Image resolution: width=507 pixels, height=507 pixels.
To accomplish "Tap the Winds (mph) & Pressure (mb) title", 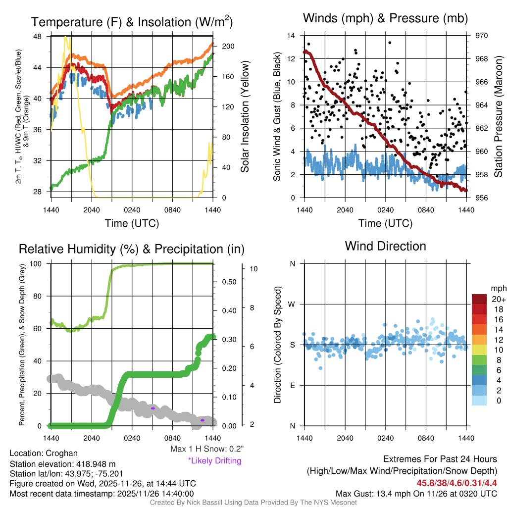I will [x=385, y=18].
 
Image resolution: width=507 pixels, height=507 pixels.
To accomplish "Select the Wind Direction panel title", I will [x=385, y=246].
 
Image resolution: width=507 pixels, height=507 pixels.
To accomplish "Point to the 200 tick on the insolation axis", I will [x=228, y=46].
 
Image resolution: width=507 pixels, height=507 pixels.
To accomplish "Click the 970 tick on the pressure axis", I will [x=482, y=36].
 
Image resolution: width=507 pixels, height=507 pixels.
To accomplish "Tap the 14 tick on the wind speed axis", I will [x=291, y=36].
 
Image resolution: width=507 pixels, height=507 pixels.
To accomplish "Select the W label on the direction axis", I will [x=292, y=304].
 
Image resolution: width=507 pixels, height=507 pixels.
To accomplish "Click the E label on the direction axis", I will [x=292, y=385].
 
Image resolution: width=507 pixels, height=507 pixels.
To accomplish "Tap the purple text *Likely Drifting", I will [x=214, y=460].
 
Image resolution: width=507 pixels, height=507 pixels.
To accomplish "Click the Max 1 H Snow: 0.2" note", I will [x=207, y=449].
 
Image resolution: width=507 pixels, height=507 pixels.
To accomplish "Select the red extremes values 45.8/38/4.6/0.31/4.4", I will [x=456, y=483].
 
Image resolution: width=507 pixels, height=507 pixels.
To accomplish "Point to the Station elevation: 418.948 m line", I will [x=62, y=464].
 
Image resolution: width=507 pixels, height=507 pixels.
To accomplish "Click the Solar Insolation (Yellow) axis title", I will [x=245, y=117].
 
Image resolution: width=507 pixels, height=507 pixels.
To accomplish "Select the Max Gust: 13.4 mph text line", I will [x=416, y=493].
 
